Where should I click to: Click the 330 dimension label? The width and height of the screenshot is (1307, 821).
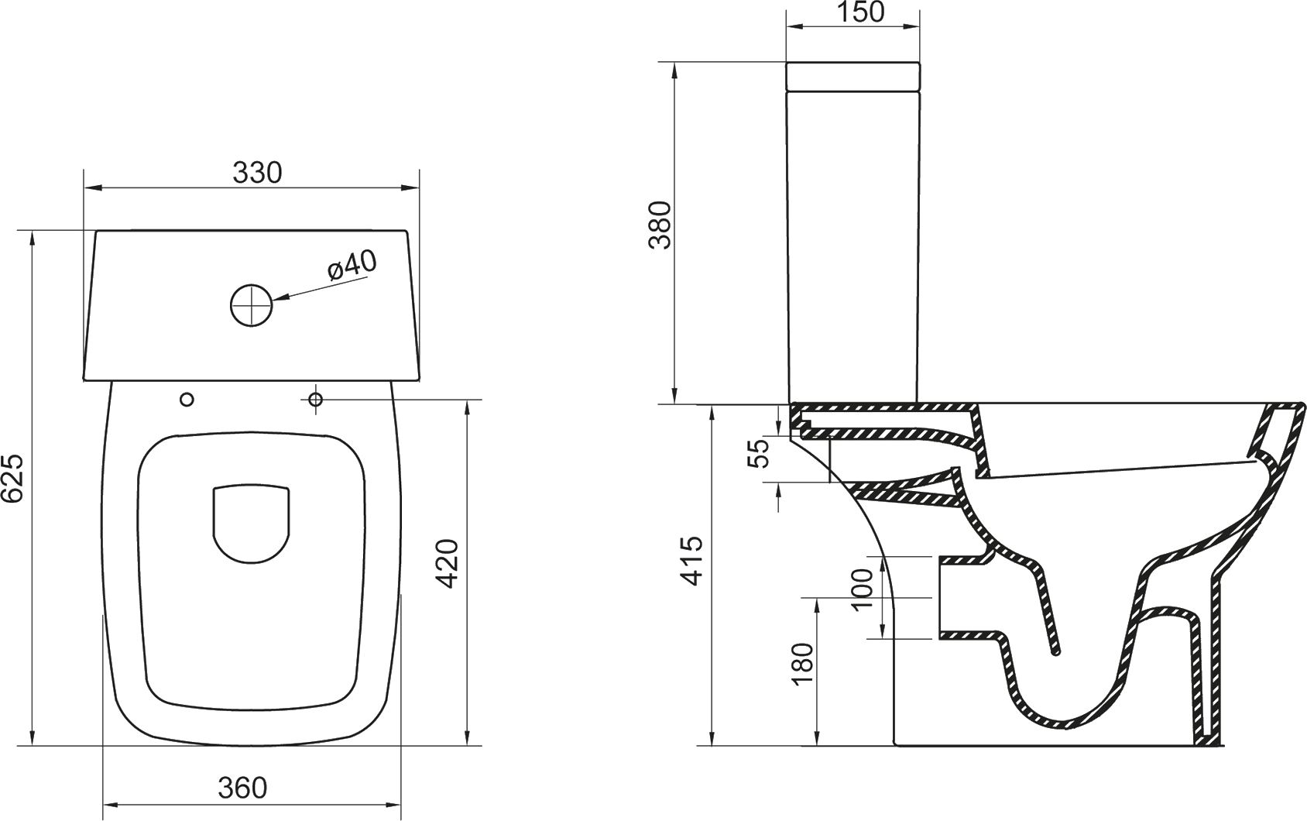[x=257, y=173]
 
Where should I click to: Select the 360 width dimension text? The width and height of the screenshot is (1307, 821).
[x=242, y=788]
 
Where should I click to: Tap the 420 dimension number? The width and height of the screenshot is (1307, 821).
[x=450, y=564]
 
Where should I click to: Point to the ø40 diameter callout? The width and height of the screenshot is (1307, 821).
[x=352, y=266]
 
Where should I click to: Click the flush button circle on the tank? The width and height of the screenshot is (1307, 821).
[x=251, y=304]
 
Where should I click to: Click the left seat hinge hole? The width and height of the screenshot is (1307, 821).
[x=187, y=400]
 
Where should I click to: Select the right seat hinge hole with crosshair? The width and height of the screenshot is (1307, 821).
[x=315, y=399]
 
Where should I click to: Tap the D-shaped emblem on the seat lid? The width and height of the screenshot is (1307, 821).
[x=251, y=524]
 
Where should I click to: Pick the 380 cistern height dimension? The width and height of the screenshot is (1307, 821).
[x=660, y=225]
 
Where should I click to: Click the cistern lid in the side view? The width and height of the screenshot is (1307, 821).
[x=853, y=76]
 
